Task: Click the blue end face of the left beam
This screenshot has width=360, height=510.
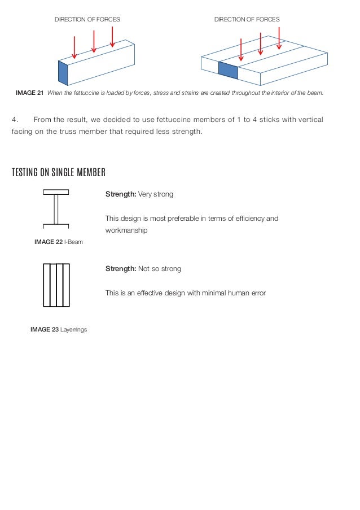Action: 63,72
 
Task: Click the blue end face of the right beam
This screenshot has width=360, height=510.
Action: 228,71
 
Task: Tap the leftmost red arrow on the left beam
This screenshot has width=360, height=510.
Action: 74,47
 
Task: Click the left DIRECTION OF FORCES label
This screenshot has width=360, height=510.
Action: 87,19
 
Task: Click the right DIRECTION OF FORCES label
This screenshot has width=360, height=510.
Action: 247,19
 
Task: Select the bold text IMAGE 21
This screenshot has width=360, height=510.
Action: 29,93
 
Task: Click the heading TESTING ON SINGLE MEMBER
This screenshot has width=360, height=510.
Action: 59,172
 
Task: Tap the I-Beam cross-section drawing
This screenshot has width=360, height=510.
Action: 56,209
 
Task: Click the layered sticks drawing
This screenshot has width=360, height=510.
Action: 56,285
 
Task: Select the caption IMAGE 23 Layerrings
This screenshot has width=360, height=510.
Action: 59,329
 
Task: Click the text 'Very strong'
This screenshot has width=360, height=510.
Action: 156,194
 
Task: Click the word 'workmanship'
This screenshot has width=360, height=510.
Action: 126,230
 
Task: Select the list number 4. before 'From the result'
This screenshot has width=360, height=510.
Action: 15,120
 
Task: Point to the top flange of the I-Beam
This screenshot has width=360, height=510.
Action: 56,192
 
